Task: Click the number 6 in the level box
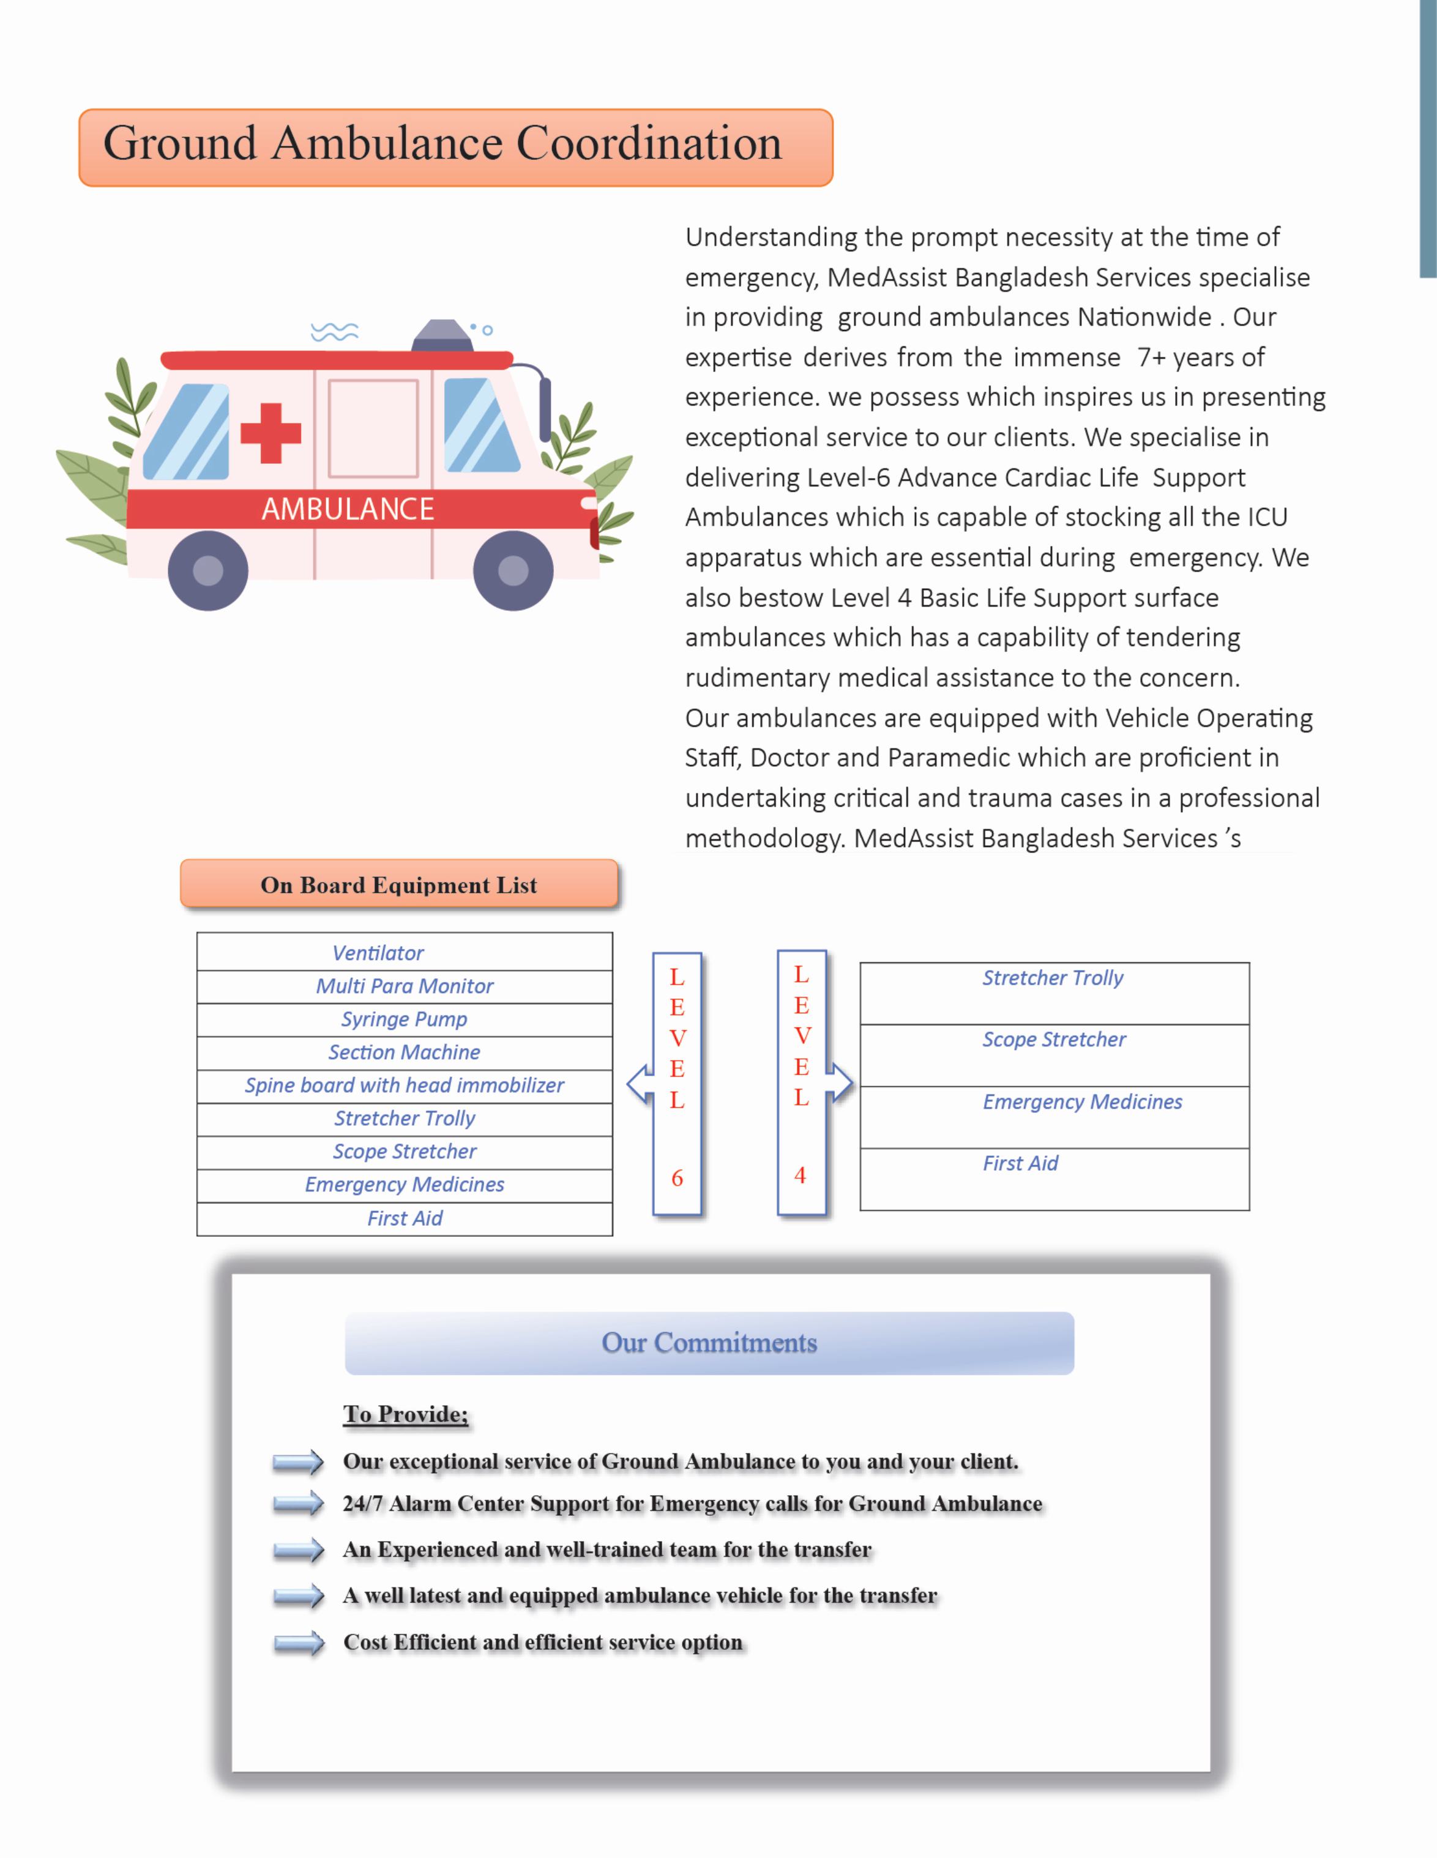point(677,1178)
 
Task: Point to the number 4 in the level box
point(800,1176)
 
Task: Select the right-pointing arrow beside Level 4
point(840,1082)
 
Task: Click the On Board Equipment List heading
point(398,885)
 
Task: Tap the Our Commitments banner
point(709,1343)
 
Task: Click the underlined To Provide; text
point(405,1414)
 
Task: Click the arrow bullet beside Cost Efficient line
point(299,1643)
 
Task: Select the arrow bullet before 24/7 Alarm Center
point(299,1504)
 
